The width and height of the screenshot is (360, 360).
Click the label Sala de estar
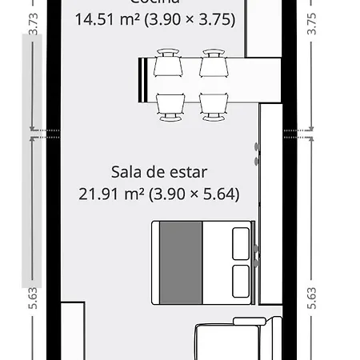(x=159, y=172)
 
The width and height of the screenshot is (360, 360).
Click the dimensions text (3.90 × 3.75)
(x=189, y=19)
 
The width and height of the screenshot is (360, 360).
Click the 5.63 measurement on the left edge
(x=33, y=297)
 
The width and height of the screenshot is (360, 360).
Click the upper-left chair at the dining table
(x=169, y=62)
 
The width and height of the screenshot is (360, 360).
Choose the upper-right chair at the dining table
(x=211, y=62)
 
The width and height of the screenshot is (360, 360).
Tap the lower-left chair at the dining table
(x=169, y=106)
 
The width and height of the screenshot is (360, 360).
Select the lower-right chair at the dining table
(x=211, y=106)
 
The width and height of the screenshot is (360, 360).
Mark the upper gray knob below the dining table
(x=257, y=148)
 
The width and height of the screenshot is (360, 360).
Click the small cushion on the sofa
(x=249, y=322)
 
